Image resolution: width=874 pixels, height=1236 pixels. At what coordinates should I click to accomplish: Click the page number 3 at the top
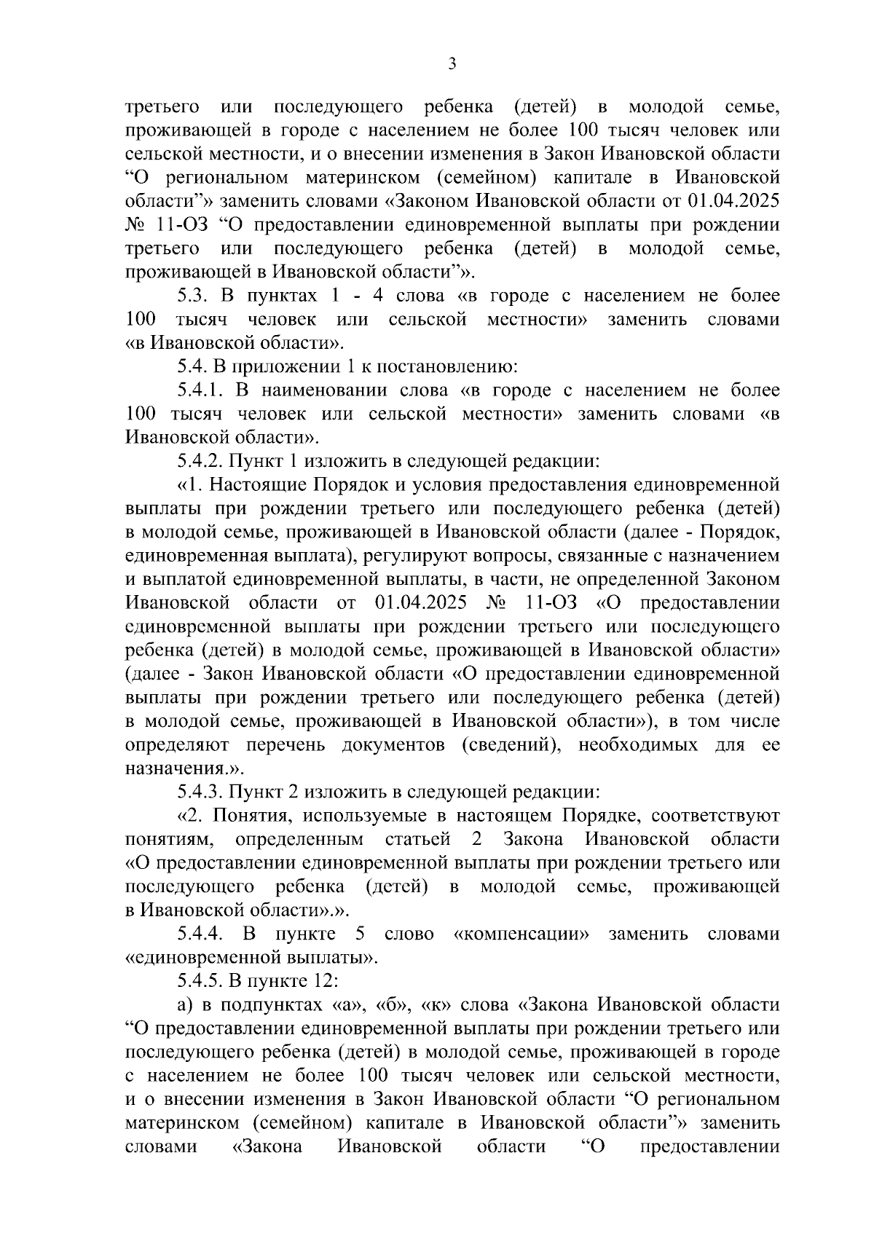pos(452,64)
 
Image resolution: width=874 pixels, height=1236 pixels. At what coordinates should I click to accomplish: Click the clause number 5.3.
pos(195,296)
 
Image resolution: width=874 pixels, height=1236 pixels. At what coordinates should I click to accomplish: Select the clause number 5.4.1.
pos(200,390)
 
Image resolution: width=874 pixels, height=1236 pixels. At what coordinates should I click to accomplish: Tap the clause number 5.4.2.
pos(200,461)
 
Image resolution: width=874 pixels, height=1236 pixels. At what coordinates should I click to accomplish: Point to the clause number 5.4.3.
pos(200,792)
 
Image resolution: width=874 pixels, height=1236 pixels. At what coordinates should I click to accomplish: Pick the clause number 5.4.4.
pos(200,934)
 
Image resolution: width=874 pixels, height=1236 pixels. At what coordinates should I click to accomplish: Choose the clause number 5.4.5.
pos(200,980)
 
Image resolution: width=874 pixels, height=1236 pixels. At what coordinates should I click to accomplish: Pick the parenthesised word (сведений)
pos(508,745)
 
